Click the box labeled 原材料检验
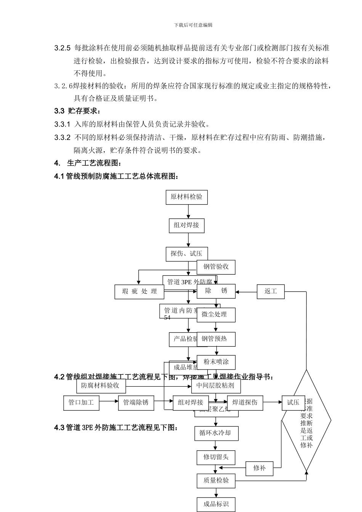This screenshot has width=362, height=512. point(186,197)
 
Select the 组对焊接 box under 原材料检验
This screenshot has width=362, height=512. point(186,225)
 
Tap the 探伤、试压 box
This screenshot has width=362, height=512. point(186,254)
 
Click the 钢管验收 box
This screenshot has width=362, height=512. point(216,267)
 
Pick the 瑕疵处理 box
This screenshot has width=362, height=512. point(139,292)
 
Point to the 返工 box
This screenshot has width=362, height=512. point(271,292)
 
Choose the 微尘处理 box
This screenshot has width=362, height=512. point(216,315)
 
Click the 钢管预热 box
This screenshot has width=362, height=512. point(216,339)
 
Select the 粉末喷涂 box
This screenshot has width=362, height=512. point(216,362)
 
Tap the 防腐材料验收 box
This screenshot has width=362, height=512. point(100,386)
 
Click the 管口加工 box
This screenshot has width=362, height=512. point(81,403)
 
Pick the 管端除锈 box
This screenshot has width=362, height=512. point(136,403)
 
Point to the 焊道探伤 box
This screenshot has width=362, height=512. point(245,403)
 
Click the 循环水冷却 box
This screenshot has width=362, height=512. point(215,434)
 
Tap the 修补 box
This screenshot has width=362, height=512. point(259,468)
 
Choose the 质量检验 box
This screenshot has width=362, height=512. point(216,481)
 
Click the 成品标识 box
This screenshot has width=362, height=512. point(216,504)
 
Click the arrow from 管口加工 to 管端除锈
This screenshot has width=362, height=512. point(109,401)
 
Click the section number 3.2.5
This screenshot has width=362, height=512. point(62,48)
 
